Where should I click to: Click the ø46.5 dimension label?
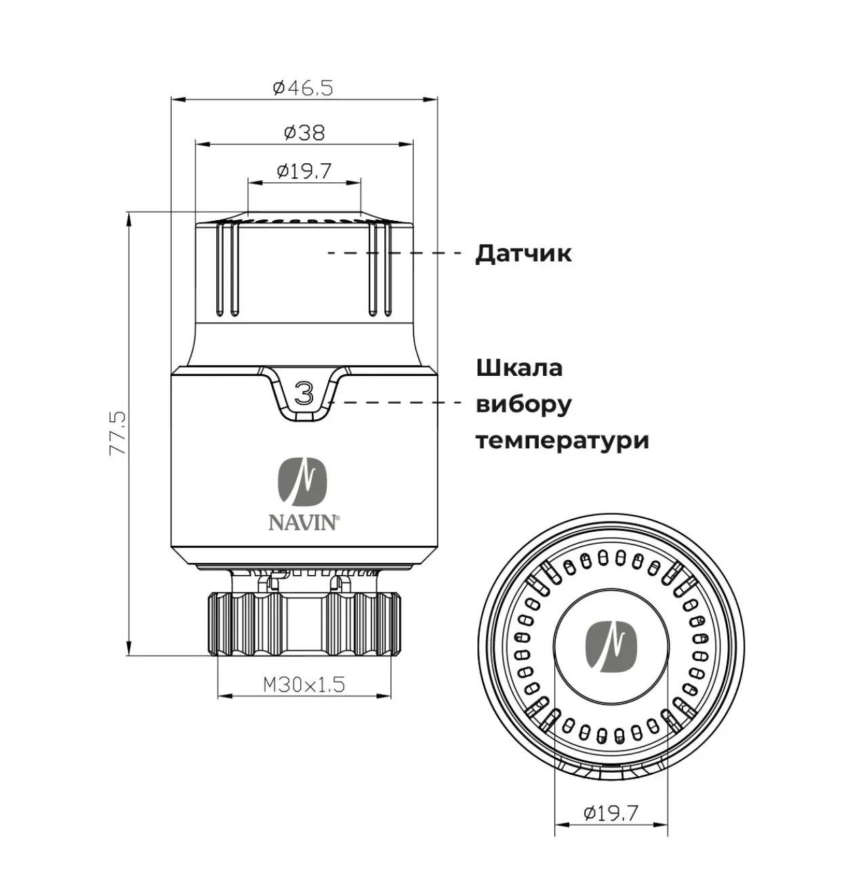[x=303, y=87]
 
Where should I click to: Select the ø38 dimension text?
[x=304, y=133]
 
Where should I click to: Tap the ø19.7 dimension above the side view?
[x=304, y=171]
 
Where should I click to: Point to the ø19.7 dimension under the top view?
[x=611, y=813]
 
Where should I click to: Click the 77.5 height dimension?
[x=117, y=433]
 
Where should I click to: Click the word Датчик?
[x=523, y=253]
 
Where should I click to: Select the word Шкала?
[x=519, y=368]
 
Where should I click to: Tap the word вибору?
[x=523, y=404]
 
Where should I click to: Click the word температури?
[x=563, y=441]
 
